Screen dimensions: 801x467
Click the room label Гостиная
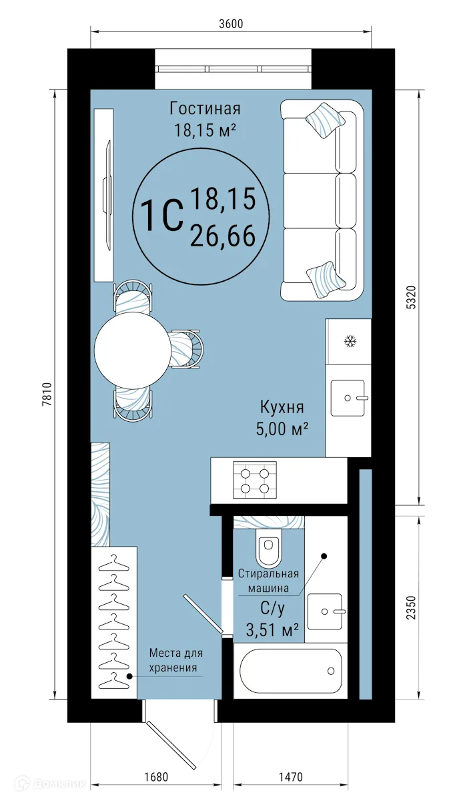click(x=205, y=108)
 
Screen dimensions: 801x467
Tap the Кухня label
click(x=282, y=407)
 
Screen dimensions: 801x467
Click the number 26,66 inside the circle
click(x=223, y=235)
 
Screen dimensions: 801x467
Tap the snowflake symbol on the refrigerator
click(x=348, y=342)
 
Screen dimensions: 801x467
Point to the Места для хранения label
click(x=175, y=660)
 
